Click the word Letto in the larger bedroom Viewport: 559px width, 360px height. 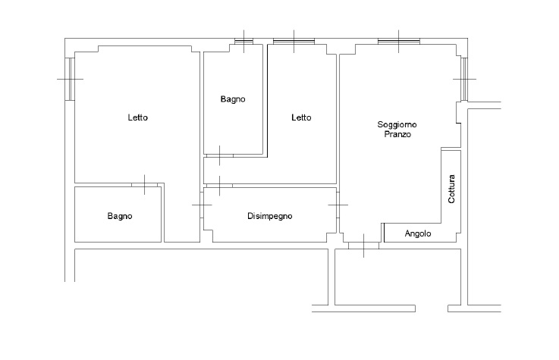pos(137,117)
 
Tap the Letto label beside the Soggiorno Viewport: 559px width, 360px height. pos(301,117)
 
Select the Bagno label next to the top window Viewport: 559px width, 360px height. pos(233,99)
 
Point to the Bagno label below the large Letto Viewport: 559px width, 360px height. pos(120,216)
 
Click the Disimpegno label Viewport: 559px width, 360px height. pos(270,216)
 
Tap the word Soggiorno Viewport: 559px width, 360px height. pos(397,125)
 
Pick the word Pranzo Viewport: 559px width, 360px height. pos(397,134)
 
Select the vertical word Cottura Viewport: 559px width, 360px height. pos(451,189)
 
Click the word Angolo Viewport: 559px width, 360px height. pos(418,234)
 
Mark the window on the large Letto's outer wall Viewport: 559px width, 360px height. pos(70,79)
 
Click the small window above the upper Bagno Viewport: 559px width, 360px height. pos(243,42)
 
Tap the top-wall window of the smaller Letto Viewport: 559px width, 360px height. pos(294,42)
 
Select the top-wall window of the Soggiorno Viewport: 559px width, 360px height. pos(398,42)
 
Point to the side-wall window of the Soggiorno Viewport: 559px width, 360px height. pos(464,79)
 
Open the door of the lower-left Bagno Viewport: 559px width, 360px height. pos(144,185)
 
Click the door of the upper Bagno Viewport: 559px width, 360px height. pos(220,155)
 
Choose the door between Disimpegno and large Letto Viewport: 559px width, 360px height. pos(202,205)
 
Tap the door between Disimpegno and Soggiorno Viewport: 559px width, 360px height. pos(338,205)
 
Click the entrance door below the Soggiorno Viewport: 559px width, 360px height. pos(363,246)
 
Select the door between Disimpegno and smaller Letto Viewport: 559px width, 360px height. pos(220,186)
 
